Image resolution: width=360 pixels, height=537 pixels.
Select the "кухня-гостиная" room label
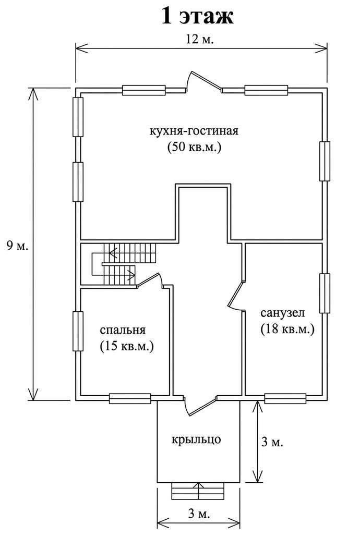point(195,130)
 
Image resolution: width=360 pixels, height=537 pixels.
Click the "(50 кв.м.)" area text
point(195,147)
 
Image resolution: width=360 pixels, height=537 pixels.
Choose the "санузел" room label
point(282,313)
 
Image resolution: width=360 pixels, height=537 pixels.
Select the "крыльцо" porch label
point(197,440)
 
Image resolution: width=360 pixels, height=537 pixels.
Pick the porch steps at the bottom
point(198,491)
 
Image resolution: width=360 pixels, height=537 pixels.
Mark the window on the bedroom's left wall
point(78,331)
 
